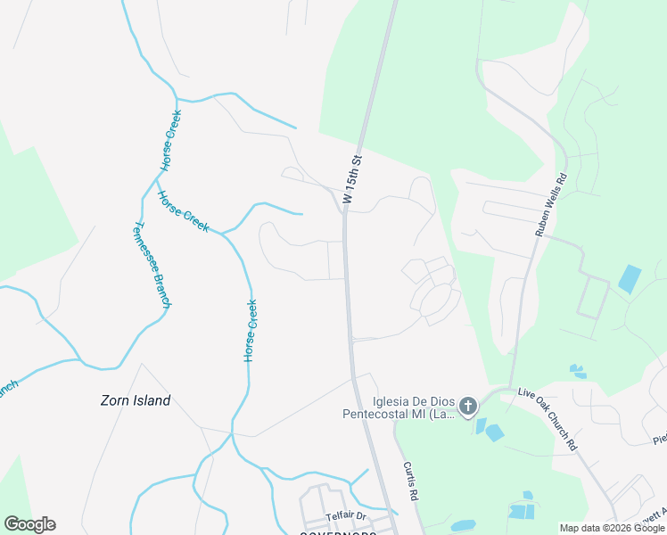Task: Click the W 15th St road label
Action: click(353, 183)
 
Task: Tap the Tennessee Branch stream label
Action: click(152, 265)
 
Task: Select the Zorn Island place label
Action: click(135, 401)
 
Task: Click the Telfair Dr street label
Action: click(346, 516)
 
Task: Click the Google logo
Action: click(29, 524)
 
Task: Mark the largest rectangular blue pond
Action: click(629, 279)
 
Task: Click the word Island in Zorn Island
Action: click(151, 401)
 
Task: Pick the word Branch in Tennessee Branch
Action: click(161, 291)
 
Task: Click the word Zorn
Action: click(114, 401)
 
